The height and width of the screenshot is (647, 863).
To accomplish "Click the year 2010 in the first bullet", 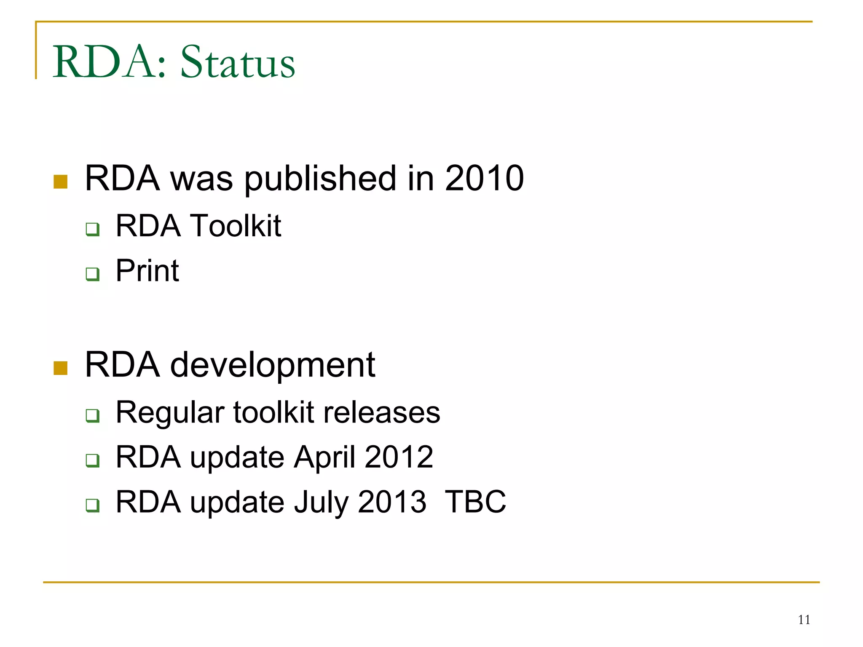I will coord(484,178).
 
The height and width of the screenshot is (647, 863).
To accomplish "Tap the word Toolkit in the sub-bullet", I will coord(236,226).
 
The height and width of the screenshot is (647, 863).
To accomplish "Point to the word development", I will coord(272,365).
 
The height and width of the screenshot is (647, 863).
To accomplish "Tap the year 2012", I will coord(399,457).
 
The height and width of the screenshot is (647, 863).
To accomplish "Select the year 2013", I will coord(392,502).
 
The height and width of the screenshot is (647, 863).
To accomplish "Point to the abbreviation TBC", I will coord(475,502).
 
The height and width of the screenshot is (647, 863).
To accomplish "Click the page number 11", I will coord(804,620).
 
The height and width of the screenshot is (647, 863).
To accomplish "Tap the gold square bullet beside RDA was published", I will coord(61,182).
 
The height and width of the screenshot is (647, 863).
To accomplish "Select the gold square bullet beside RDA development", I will coord(61,368).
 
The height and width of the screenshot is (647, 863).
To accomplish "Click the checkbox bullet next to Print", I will coord(93,274).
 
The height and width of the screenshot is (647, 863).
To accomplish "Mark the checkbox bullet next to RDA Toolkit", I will coord(93,230).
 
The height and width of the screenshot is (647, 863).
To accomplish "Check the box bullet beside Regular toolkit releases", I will coord(93,416).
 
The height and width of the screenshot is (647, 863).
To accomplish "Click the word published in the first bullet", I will coord(320,179).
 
